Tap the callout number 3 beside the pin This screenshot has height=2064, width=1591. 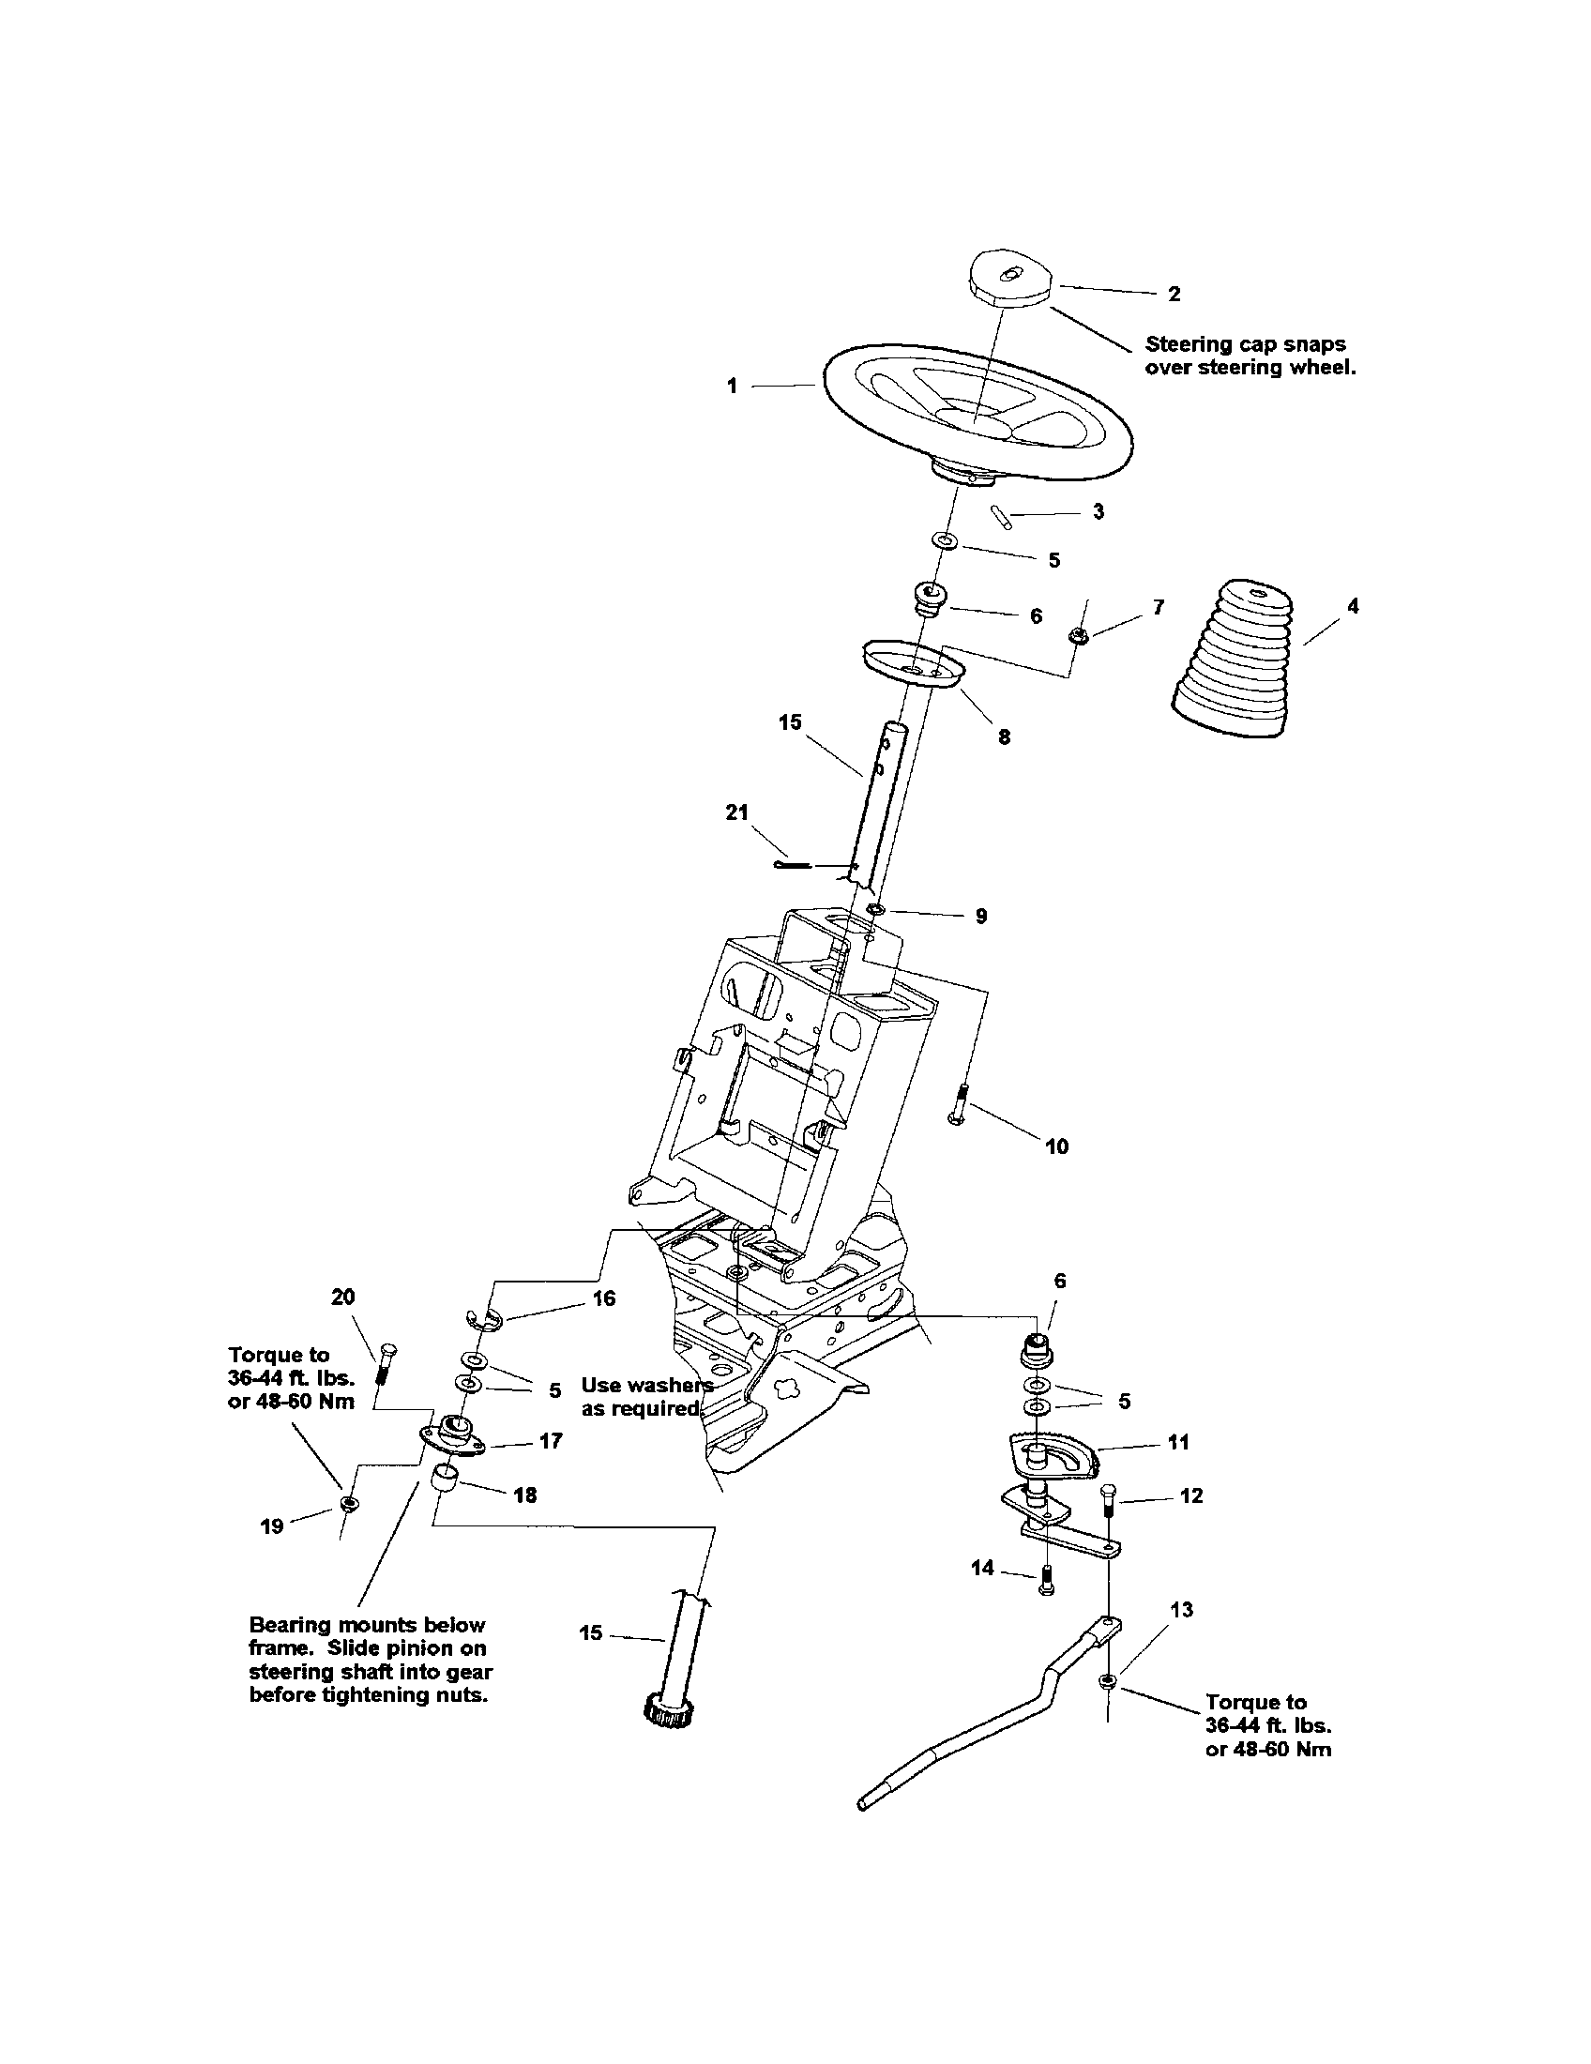pos(1098,511)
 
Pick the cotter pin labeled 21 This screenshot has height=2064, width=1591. pos(795,864)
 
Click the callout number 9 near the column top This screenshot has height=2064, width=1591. pos(980,916)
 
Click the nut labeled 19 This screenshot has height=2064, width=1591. pos(348,1504)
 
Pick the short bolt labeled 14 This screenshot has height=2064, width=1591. pos(1045,1581)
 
